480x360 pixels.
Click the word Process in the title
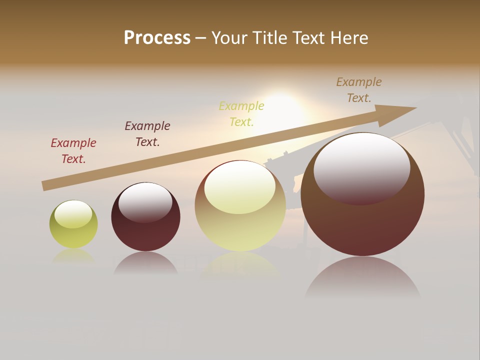[157, 38]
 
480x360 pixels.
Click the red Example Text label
[73, 151]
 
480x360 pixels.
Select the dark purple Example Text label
[147, 134]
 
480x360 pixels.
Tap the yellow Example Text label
[241, 114]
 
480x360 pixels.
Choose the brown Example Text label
[359, 90]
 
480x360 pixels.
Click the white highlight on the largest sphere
[361, 167]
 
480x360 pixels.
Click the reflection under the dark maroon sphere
[145, 263]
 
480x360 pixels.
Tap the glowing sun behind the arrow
[282, 110]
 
